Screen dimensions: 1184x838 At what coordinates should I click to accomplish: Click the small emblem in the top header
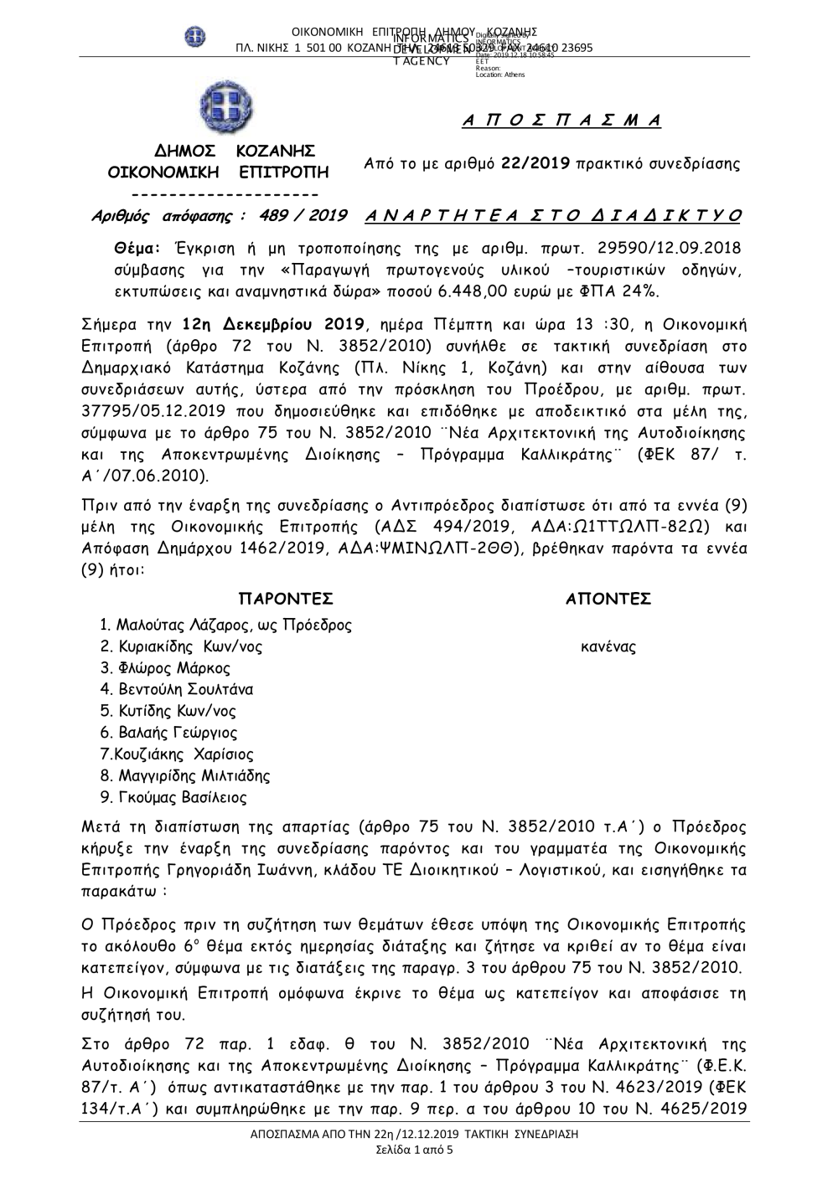coord(194,38)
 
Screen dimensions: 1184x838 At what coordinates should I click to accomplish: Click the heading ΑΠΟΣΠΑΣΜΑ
coord(561,121)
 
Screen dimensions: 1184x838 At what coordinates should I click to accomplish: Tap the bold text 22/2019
coord(536,163)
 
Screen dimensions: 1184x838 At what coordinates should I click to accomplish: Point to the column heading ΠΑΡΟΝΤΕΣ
coord(287,599)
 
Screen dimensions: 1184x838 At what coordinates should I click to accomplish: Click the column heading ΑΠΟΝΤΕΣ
coord(609,599)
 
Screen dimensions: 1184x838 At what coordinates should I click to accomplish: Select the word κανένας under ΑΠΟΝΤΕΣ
coord(608,646)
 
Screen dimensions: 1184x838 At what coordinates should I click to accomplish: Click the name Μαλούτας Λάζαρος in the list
coord(185,625)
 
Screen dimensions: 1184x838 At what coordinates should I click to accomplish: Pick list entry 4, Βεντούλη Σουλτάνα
coord(177,690)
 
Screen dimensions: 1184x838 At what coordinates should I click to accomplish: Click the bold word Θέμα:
coord(138,250)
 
